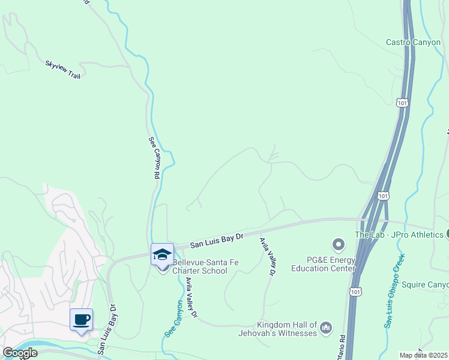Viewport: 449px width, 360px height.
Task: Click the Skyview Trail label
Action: (62, 69)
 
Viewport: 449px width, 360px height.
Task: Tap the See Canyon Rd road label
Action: (154, 158)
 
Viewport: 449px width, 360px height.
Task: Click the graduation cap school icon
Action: (161, 254)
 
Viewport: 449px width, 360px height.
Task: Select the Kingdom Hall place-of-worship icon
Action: (326, 327)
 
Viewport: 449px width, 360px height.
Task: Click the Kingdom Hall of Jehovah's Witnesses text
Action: (287, 329)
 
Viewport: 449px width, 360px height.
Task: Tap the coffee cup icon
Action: (81, 319)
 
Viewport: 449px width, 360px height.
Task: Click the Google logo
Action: (20, 353)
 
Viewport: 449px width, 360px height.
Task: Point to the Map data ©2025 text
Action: (424, 355)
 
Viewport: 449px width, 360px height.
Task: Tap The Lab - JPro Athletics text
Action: (399, 235)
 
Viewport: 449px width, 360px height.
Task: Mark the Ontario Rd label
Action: (343, 345)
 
